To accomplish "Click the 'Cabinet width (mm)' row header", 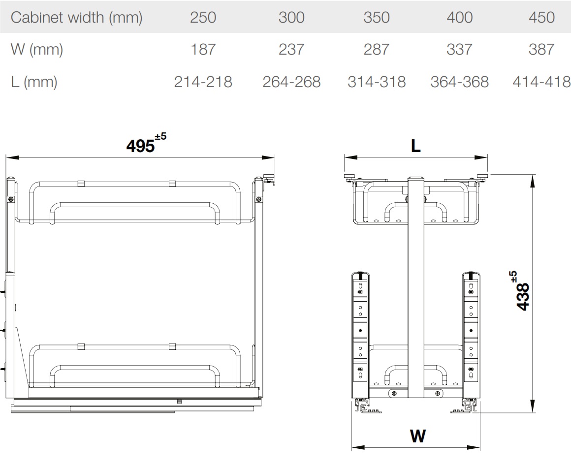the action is point(76,18).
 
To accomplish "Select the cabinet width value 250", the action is point(203,18).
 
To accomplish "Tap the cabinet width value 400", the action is point(460,18).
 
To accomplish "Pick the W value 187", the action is point(203,49).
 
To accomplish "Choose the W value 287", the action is point(376,49).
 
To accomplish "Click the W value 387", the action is point(541,49).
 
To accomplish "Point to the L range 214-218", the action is point(203,82).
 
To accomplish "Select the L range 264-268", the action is point(291,82).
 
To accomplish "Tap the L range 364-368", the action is point(460,82).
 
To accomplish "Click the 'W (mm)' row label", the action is point(37,50).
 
